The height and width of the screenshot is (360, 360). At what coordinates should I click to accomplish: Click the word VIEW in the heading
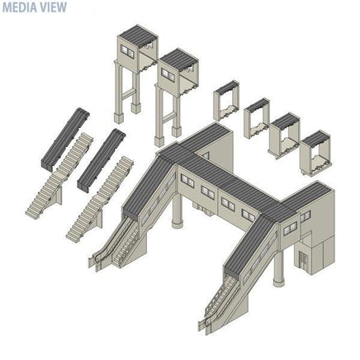[x=54, y=7]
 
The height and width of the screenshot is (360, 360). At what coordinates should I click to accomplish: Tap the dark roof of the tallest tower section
[x=138, y=36]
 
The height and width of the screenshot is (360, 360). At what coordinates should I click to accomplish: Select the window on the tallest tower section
[x=127, y=51]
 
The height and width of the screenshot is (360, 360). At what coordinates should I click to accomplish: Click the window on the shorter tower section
[x=168, y=74]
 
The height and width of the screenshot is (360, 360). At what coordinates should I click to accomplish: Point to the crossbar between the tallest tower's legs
[x=128, y=94]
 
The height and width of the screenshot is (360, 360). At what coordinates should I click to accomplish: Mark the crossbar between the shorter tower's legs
[x=168, y=118]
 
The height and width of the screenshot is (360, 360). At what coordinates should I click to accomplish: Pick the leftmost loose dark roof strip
[x=65, y=138]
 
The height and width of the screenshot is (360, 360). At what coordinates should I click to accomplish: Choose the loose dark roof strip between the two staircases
[x=102, y=159]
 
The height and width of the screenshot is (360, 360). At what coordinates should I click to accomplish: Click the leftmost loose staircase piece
[x=59, y=176]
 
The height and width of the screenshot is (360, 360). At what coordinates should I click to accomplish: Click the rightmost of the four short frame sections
[x=315, y=153]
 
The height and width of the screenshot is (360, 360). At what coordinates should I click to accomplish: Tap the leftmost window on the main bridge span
[x=187, y=179]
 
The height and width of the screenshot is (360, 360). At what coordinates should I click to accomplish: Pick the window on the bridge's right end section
[x=290, y=229]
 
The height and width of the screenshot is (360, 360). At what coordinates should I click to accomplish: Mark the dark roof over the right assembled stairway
[x=250, y=245]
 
